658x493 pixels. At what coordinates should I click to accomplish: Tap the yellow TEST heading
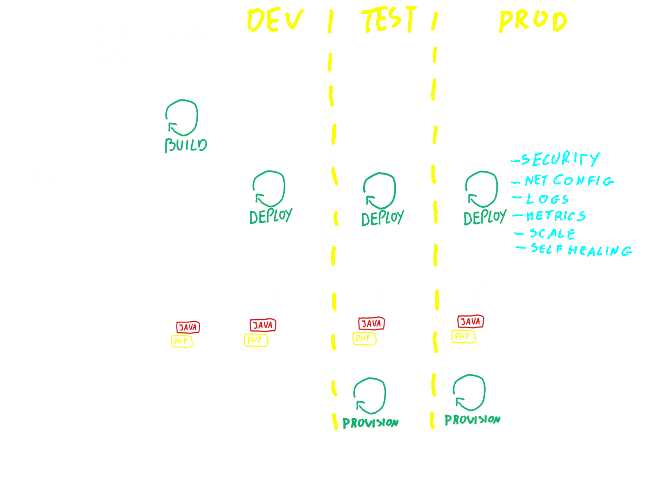[x=389, y=20]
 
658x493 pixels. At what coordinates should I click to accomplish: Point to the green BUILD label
[x=186, y=145]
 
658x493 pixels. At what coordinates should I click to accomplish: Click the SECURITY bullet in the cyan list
[x=559, y=159]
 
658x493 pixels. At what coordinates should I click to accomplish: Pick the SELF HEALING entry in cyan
[x=580, y=249]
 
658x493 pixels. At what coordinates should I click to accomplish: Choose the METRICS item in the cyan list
[x=555, y=216]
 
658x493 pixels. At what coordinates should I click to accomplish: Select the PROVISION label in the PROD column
[x=472, y=419]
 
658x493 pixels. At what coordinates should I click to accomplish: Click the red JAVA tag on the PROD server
[x=470, y=321]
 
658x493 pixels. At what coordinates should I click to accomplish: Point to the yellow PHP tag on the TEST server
[x=364, y=339]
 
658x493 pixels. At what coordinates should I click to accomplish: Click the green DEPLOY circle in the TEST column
[x=380, y=190]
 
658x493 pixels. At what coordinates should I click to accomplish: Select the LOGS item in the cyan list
[x=547, y=199]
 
